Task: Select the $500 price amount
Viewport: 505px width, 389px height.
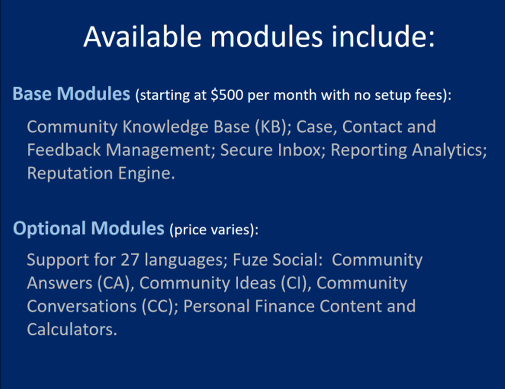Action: pos(227,95)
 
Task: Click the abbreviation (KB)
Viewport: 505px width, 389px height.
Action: pos(273,127)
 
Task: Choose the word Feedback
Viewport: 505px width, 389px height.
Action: pos(64,149)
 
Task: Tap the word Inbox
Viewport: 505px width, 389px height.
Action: pos(302,149)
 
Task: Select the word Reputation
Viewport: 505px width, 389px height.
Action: pos(70,173)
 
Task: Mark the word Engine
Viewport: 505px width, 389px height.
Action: pos(146,173)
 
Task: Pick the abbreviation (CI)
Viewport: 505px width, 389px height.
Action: pos(296,283)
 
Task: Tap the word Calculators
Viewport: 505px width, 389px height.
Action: pos(72,330)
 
